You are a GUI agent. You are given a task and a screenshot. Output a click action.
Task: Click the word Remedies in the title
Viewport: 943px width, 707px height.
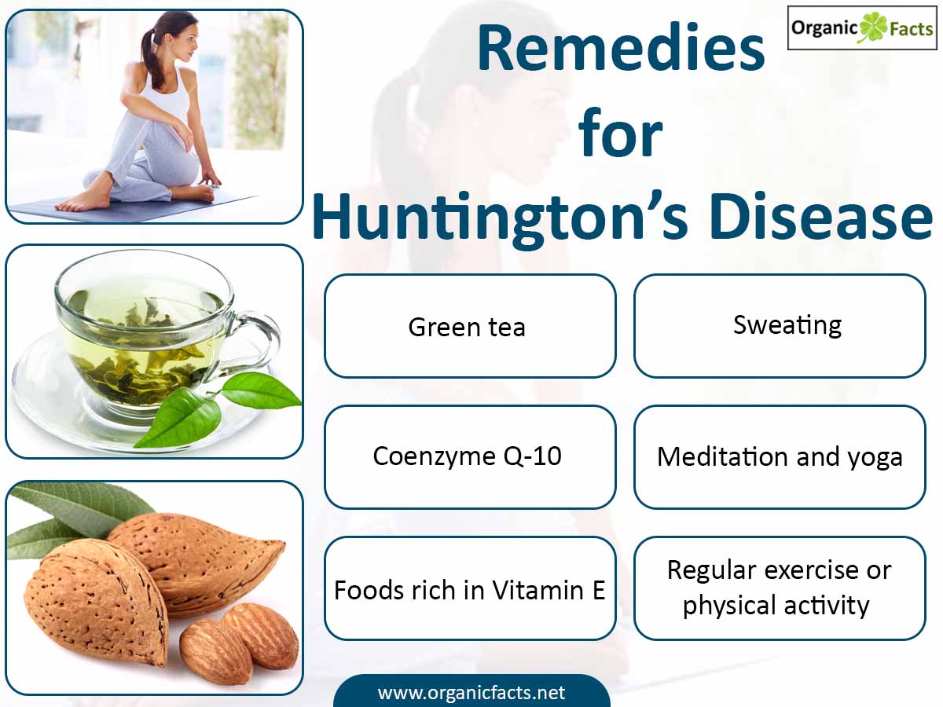[621, 48]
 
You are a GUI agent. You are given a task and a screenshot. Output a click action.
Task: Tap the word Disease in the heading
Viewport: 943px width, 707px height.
[821, 216]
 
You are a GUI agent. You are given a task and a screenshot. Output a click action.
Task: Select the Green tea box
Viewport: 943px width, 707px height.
[470, 326]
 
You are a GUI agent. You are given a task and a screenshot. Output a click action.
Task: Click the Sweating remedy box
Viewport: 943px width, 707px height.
[780, 326]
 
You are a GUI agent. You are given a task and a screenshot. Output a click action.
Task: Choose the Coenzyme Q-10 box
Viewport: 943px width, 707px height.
[470, 457]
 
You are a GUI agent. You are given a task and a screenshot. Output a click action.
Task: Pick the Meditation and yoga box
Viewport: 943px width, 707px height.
[780, 457]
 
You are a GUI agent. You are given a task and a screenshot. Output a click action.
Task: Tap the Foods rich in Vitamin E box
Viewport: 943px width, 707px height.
[470, 588]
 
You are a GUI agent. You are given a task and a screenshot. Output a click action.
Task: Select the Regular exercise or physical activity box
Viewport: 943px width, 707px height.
[780, 588]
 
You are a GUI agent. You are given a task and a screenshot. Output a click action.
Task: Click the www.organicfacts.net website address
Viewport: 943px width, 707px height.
[472, 693]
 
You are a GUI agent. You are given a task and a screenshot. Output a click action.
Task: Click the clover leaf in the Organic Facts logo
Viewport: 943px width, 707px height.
[872, 27]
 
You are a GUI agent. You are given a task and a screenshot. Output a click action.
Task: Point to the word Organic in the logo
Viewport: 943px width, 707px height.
[824, 28]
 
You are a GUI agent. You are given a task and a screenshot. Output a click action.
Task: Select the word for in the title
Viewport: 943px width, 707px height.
[620, 132]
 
